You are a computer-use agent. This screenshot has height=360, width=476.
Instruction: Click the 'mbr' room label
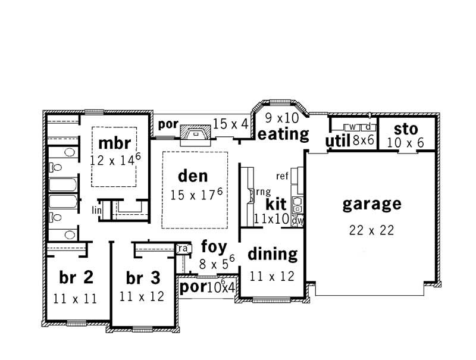pos(114,144)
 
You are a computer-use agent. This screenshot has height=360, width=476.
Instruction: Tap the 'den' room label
pos(193,176)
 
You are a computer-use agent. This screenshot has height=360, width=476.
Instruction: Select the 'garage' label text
pos(372,204)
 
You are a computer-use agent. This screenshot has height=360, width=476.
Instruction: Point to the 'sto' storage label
pos(406,129)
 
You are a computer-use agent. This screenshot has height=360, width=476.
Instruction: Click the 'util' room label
pos(337,141)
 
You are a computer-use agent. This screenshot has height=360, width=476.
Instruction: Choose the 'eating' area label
pos(283,134)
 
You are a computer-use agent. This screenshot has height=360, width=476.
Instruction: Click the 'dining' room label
pos(272,254)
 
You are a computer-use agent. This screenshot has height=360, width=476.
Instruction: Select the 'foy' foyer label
pos(212,246)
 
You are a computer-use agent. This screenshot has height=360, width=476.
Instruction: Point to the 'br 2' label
pos(76,277)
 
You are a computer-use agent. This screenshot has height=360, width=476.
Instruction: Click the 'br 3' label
pos(143,278)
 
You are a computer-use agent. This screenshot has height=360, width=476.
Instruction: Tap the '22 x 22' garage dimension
pos(372,230)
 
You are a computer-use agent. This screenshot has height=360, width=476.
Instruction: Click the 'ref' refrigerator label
pos(283,176)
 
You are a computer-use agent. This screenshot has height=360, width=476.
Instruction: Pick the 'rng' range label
pos(264,192)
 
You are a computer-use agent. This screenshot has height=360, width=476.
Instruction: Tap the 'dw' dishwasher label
pos(298,220)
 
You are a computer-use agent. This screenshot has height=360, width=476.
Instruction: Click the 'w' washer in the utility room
pos(352,127)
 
